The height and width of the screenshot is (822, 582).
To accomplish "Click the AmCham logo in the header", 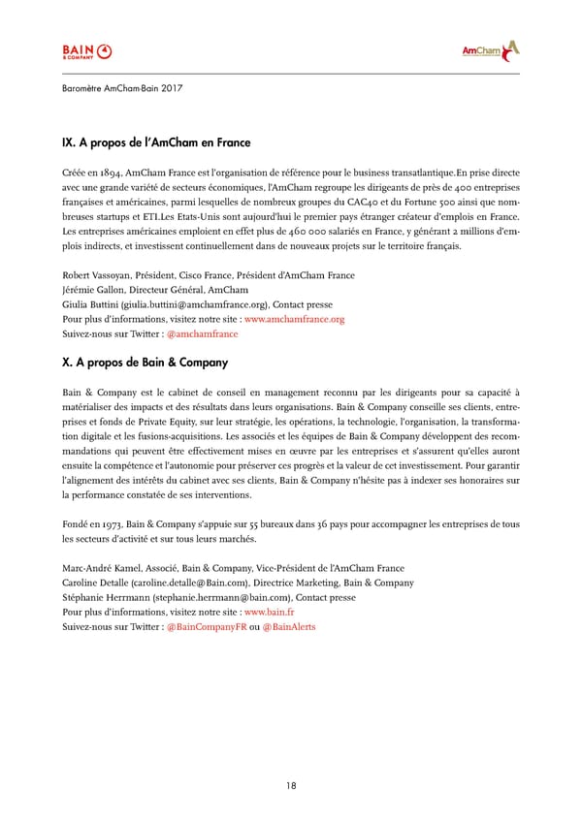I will point(490,50).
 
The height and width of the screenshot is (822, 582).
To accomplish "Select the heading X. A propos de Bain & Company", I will point(145,364).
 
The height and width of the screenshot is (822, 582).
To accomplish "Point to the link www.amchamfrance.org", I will point(294,318).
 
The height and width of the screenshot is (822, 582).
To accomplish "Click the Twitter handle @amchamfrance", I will point(202,333).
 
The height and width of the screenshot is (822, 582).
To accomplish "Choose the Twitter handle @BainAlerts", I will point(289,627).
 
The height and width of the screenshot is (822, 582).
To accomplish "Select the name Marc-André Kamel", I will point(101,568).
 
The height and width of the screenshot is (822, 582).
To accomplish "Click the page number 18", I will point(291,785).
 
